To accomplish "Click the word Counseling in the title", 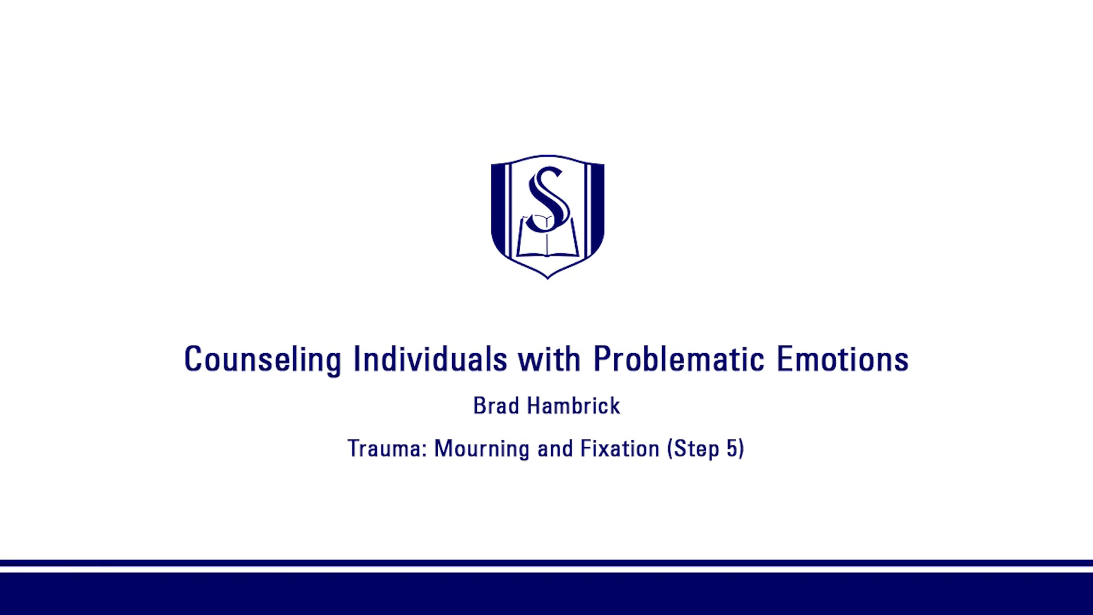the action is pyautogui.click(x=262, y=360).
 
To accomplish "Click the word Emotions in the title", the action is pyautogui.click(x=843, y=359).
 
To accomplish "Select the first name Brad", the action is pyautogui.click(x=496, y=405).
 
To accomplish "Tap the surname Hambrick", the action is pyautogui.click(x=573, y=405).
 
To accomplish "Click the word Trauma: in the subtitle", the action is pyautogui.click(x=387, y=448).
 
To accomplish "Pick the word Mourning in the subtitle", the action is pyautogui.click(x=482, y=449).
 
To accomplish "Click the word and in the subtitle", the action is pyautogui.click(x=555, y=448).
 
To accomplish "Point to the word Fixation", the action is pyautogui.click(x=620, y=448).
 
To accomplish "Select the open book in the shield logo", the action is pyautogui.click(x=547, y=237).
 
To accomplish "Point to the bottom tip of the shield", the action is pyautogui.click(x=547, y=278).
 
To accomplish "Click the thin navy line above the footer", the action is pyautogui.click(x=546, y=563).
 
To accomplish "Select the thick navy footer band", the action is pyautogui.click(x=546, y=594).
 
